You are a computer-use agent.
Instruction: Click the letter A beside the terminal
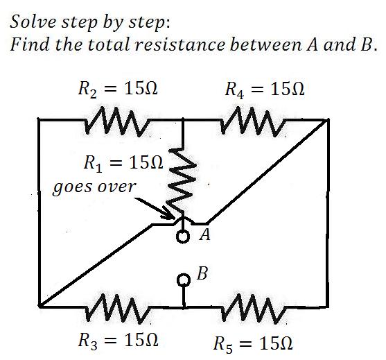pyautogui.click(x=205, y=234)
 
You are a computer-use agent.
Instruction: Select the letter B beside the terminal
pyautogui.click(x=202, y=273)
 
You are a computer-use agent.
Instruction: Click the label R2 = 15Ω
pyautogui.click(x=118, y=89)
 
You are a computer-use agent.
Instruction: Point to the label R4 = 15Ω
pyautogui.click(x=265, y=89)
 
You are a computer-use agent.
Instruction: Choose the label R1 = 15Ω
pyautogui.click(x=123, y=164)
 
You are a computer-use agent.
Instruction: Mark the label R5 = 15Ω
pyautogui.click(x=253, y=344)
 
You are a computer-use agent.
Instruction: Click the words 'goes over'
pyautogui.click(x=94, y=187)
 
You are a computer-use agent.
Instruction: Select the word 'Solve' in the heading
pyautogui.click(x=34, y=22)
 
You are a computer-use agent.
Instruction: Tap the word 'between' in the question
pyautogui.click(x=265, y=44)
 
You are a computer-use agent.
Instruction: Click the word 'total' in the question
pyautogui.click(x=109, y=44)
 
